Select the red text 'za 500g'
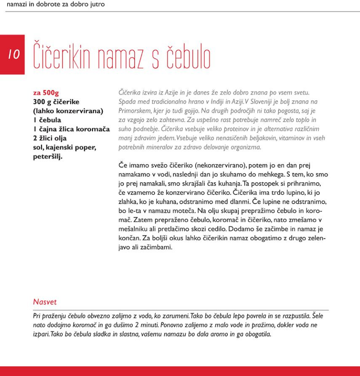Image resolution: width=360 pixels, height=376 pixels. pyautogui.click(x=46, y=93)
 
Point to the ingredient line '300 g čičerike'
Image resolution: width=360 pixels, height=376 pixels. pyautogui.click(x=56, y=102)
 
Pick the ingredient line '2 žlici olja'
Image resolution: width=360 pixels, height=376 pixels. pyautogui.click(x=50, y=138)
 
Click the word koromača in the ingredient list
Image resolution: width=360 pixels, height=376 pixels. pyautogui.click(x=93, y=129)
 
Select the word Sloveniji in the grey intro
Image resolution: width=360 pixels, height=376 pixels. pyautogui.click(x=258, y=102)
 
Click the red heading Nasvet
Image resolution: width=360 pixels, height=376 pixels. pyautogui.click(x=45, y=302)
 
